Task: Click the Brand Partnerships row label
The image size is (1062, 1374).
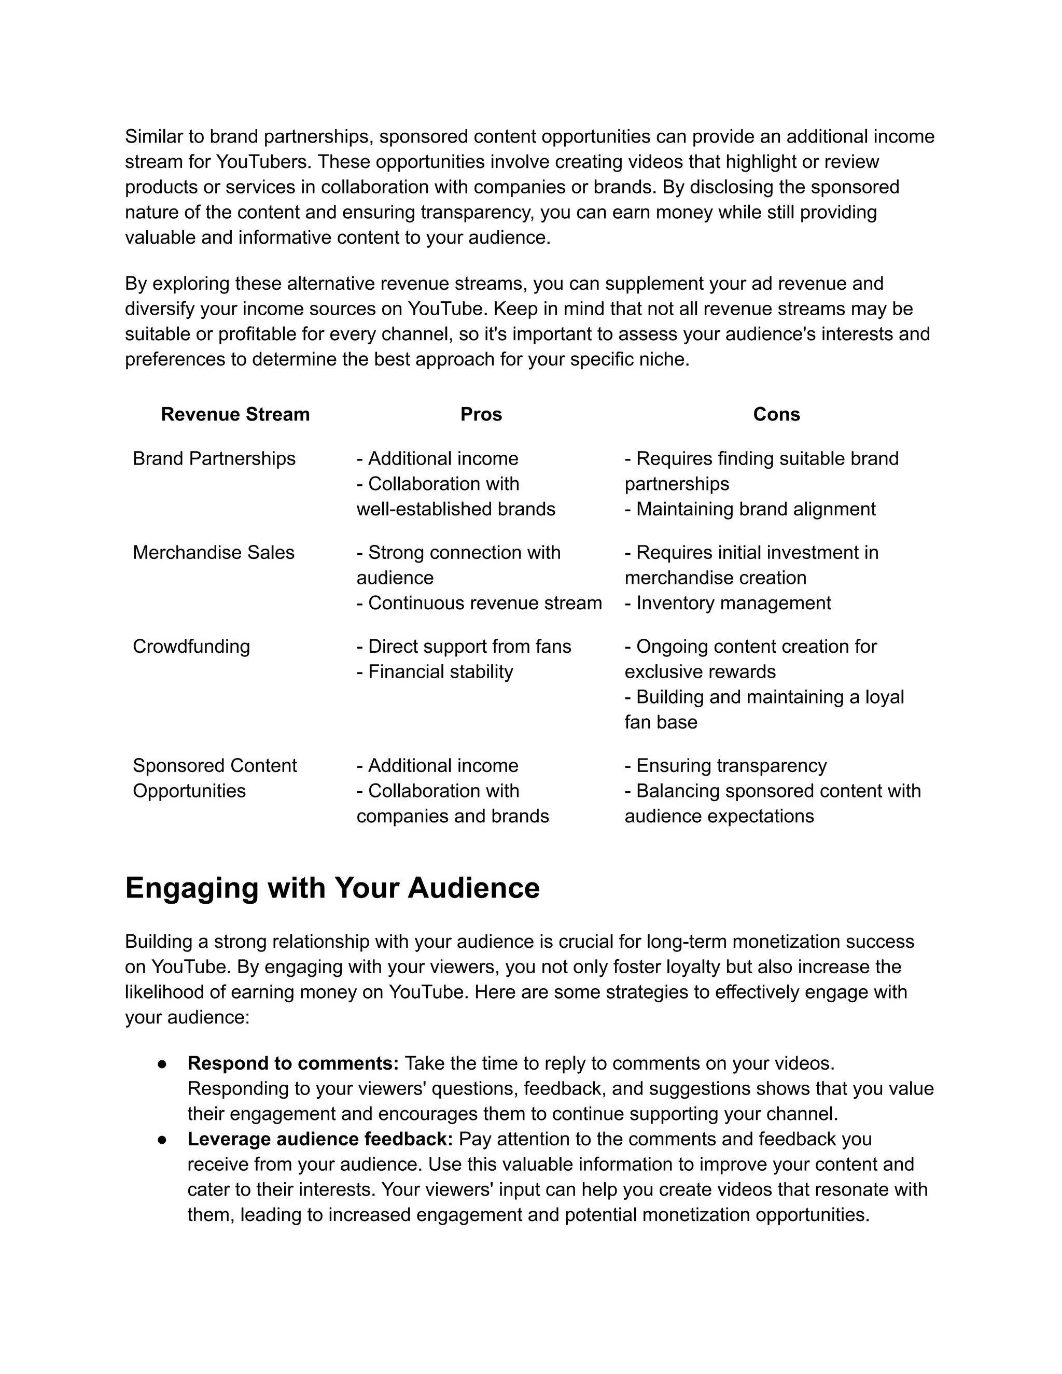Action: pos(214,459)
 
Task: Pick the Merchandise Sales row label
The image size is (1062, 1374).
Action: pos(213,552)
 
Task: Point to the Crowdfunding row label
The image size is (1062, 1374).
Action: pos(191,646)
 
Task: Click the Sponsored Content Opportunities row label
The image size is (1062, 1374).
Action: pos(214,778)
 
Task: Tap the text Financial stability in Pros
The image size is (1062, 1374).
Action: pos(440,671)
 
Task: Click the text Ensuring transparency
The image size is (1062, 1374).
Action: pos(731,766)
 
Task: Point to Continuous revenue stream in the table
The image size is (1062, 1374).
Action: pos(484,602)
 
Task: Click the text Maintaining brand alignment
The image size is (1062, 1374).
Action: pos(755,509)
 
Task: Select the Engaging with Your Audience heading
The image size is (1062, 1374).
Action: pos(332,888)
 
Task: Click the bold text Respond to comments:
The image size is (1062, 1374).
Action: pos(293,1063)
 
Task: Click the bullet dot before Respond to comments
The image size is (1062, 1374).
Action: pos(162,1064)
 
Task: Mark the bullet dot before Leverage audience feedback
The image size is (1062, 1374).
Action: pos(162,1139)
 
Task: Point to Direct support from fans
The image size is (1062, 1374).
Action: pos(469,646)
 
